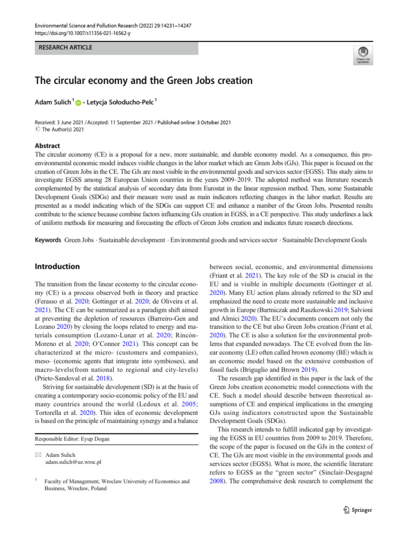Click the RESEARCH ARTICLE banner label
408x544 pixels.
pyautogui.click(x=64, y=48)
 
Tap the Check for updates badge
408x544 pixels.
pyautogui.click(x=363, y=54)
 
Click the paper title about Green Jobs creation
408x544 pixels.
pyautogui.click(x=143, y=81)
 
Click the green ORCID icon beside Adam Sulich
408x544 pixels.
pyautogui.click(x=79, y=103)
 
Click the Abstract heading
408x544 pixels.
pyautogui.click(x=47, y=145)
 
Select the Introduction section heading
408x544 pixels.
pyautogui.click(x=57, y=266)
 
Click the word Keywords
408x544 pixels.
pyautogui.click(x=48, y=241)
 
